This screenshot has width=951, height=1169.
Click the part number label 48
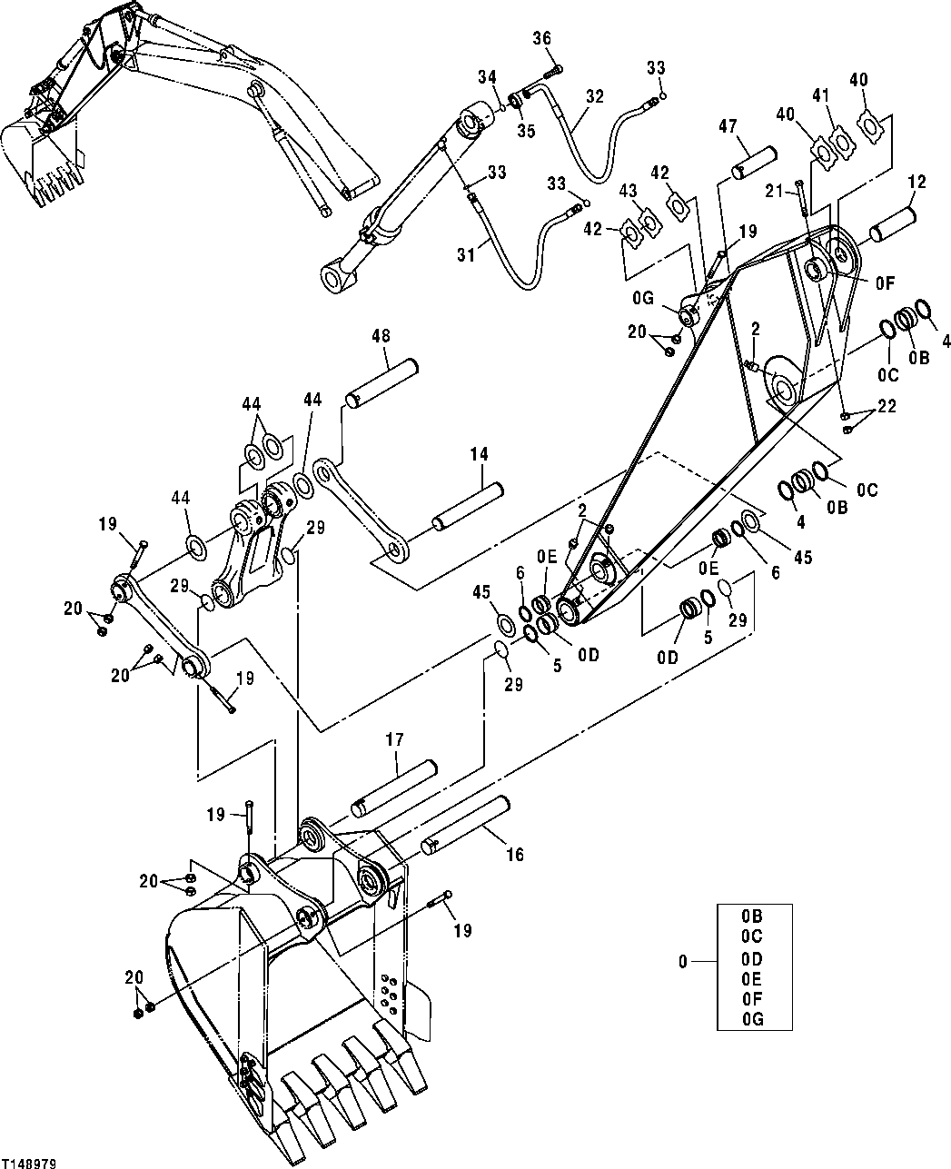[381, 337]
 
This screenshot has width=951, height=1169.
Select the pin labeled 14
[467, 507]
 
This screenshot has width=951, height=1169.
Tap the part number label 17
[394, 740]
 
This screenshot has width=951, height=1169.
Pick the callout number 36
[541, 38]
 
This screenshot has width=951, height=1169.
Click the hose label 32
[594, 94]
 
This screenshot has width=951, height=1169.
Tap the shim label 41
[820, 94]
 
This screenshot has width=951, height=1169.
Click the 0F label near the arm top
[885, 283]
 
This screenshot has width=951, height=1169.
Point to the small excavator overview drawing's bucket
[41, 159]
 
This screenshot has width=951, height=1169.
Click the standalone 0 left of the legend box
[684, 960]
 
